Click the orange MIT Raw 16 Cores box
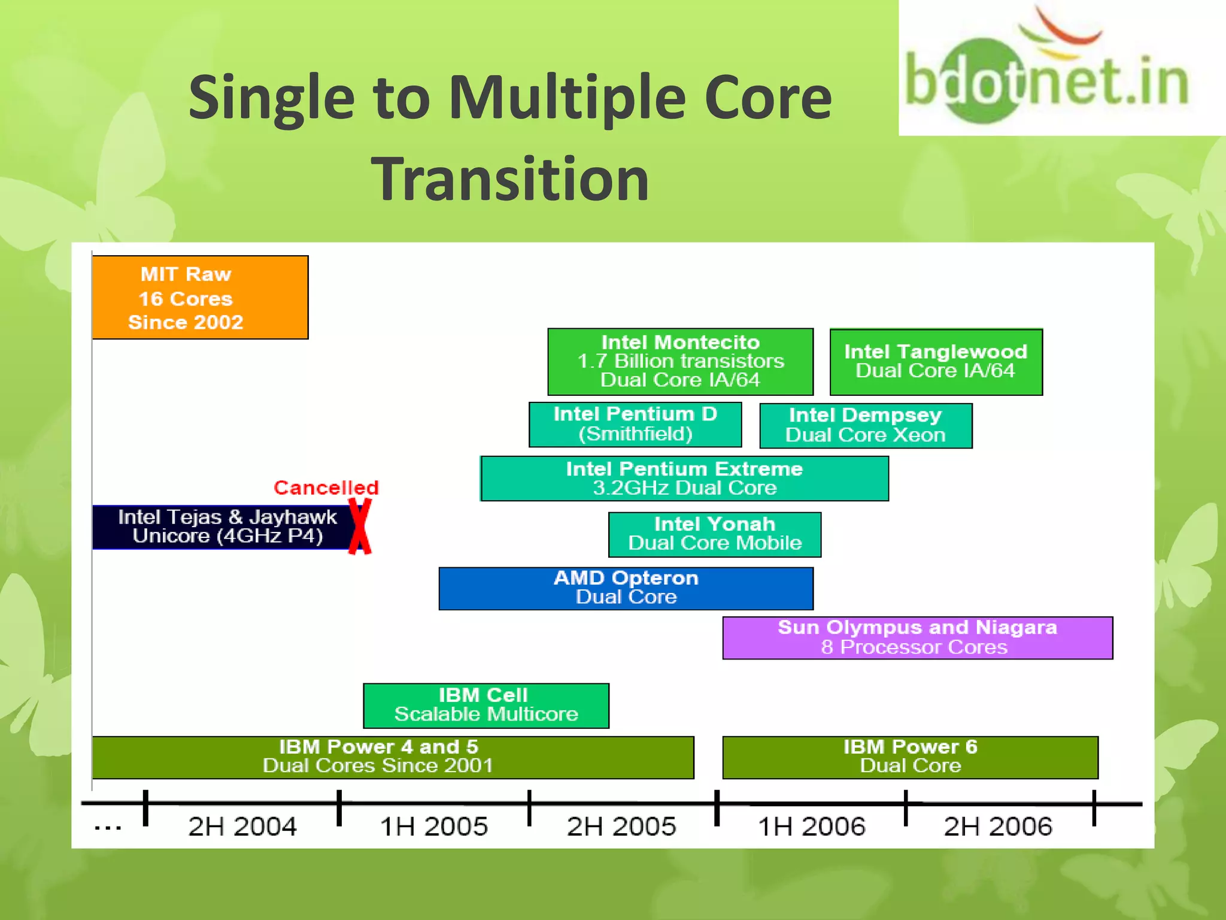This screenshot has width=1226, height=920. tap(200, 298)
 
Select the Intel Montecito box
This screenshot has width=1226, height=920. tap(680, 361)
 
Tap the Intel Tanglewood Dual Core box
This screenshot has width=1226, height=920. tap(936, 362)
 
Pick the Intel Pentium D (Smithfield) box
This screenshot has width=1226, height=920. tap(635, 424)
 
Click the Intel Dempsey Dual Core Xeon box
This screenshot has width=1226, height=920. tap(866, 425)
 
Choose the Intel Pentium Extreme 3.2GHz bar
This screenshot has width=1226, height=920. tap(684, 478)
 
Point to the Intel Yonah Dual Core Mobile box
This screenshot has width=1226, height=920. tap(715, 534)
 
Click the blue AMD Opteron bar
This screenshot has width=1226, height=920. tap(626, 588)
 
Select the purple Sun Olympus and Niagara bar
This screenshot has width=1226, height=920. tap(917, 637)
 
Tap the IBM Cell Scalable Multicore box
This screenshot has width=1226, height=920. tap(485, 705)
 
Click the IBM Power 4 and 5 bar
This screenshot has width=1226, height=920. tap(393, 756)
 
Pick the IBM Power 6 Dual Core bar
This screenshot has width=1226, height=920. tap(910, 756)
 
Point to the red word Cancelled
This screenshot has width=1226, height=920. tap(326, 488)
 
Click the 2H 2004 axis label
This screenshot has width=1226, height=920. tap(242, 827)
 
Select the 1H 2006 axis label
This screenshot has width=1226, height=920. tap(812, 827)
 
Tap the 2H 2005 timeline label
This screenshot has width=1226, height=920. tap(621, 827)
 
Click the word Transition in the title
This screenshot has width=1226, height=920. tap(510, 178)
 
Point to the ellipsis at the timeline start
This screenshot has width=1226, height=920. tap(108, 828)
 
